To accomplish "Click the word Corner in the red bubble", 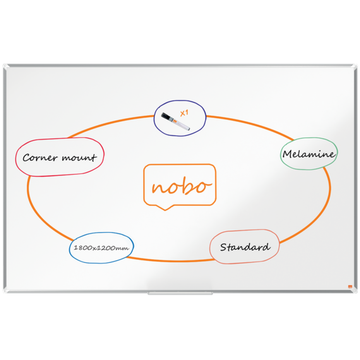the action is click(40, 157).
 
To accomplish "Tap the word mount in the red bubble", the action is click(79, 157).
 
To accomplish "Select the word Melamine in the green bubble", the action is click(309, 154).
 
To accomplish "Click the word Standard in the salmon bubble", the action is click(245, 247).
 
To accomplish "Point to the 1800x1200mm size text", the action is click(101, 248).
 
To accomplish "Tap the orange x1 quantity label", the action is click(184, 113).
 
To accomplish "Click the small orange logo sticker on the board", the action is click(350, 287).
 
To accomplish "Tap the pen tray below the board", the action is click(180, 293).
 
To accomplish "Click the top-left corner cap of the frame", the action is click(6, 67).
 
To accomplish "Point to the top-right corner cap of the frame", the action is click(354, 67).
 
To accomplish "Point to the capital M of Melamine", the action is click(288, 154).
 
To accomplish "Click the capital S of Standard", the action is click(223, 247).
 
